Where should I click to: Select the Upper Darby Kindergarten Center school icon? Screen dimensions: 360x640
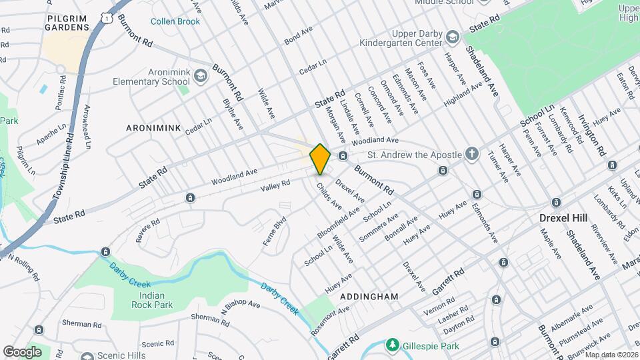pyautogui.click(x=453, y=35)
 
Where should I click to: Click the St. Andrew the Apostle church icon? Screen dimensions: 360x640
pyautogui.click(x=471, y=154)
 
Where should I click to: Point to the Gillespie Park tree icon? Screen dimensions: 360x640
pyautogui.click(x=393, y=345)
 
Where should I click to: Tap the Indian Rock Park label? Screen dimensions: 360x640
pyautogui.click(x=142, y=299)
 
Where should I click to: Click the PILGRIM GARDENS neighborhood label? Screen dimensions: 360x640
pyautogui.click(x=67, y=22)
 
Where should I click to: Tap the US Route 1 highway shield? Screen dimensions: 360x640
pyautogui.click(x=107, y=19)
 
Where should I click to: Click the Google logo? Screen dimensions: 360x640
pyautogui.click(x=22, y=351)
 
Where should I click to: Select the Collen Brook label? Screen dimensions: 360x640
pyautogui.click(x=175, y=21)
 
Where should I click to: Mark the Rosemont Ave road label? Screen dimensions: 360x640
pyautogui.click(x=329, y=321)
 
